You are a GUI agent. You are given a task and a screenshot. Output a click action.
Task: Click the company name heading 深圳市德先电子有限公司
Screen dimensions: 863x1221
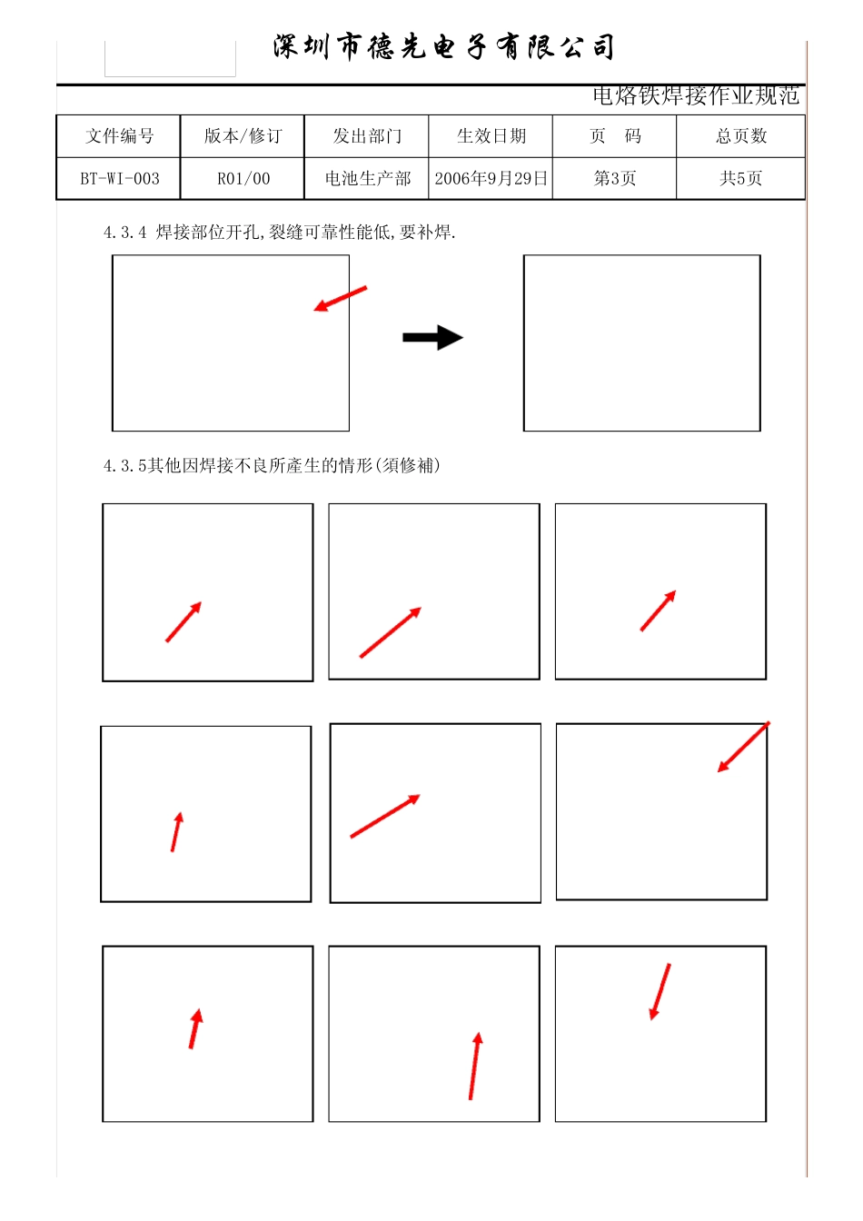(444, 46)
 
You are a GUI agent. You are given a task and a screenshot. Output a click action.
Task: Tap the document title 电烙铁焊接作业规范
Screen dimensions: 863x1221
(696, 96)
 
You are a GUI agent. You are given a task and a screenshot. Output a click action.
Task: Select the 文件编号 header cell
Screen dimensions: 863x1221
(119, 136)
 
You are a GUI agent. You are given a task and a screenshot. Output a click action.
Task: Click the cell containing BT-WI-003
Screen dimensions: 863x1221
(119, 179)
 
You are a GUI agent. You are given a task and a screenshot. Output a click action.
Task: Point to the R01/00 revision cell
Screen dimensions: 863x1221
(243, 179)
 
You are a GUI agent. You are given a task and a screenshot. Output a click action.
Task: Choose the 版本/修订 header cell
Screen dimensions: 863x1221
(243, 136)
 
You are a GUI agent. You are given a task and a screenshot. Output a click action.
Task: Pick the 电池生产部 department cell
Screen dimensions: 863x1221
(366, 179)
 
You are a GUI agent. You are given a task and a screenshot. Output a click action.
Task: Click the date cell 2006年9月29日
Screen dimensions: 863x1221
(491, 179)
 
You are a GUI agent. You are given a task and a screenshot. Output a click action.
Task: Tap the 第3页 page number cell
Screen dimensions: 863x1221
(614, 179)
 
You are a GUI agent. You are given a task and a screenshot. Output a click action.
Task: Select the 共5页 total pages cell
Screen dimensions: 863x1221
(741, 179)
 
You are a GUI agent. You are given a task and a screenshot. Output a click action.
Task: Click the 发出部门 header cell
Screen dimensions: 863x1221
(366, 136)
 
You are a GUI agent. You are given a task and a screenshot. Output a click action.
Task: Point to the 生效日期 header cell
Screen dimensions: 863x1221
(491, 136)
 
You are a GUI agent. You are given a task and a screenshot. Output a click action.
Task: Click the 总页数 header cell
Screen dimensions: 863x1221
(741, 136)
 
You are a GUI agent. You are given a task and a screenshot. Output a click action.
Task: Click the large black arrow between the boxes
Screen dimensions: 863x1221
(433, 337)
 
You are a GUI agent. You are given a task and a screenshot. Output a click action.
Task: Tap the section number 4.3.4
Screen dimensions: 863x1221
(124, 233)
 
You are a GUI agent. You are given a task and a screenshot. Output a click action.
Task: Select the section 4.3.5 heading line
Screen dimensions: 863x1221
(272, 465)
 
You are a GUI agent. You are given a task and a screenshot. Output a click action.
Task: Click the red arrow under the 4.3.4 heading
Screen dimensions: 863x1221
(340, 299)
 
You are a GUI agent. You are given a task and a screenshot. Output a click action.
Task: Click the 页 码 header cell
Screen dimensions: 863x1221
(614, 136)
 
